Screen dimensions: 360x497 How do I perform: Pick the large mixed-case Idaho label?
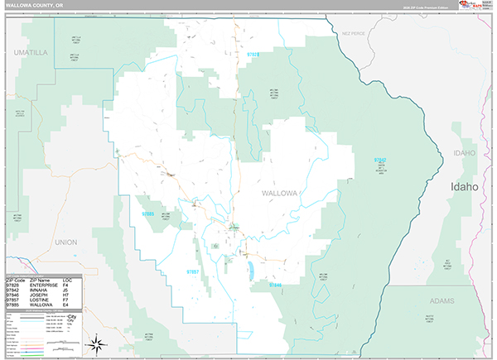coord(464,187)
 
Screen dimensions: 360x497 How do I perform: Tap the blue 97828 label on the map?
coord(253,55)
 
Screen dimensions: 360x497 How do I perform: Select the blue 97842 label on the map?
coord(379,160)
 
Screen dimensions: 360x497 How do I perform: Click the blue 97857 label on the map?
coord(192,271)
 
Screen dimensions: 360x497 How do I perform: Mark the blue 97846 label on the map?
coord(275,285)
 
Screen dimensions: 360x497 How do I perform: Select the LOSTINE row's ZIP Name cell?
coord(38,301)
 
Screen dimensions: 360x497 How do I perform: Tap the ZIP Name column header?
coord(38,281)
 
